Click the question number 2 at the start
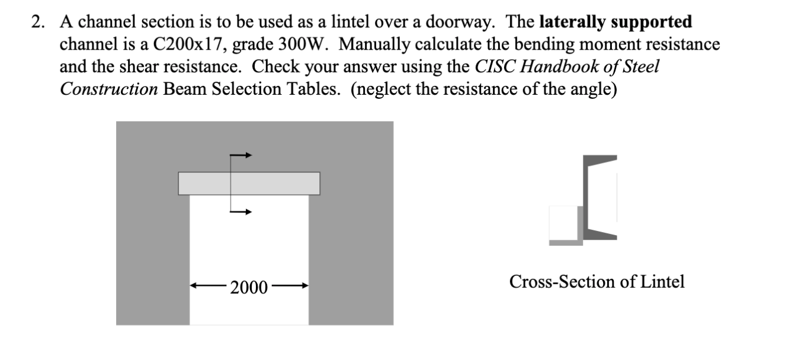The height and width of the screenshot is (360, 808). coord(37,22)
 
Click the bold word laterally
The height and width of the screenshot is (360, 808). coord(573,22)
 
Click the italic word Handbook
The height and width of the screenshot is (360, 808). coord(554,66)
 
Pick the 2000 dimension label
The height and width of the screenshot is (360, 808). coord(249,288)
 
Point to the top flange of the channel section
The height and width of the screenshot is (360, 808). coord(601,160)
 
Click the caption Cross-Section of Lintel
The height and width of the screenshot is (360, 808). coord(597,282)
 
